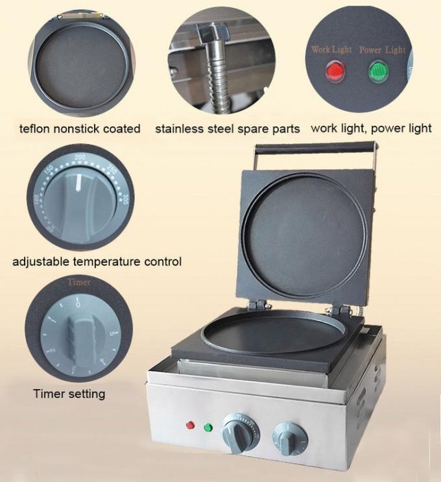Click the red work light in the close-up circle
pyautogui.click(x=335, y=71)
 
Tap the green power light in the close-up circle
pyautogui.click(x=379, y=71)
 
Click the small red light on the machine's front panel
pyautogui.click(x=190, y=426)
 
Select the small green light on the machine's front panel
pyautogui.click(x=208, y=428)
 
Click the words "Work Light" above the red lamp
pyautogui.click(x=331, y=49)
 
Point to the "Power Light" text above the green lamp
pyautogui.click(x=383, y=50)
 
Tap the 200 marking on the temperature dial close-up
pyautogui.click(x=80, y=157)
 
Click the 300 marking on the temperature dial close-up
pyautogui.click(x=125, y=199)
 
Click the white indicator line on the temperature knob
pyautogui.click(x=78, y=182)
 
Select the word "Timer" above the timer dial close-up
pyautogui.click(x=79, y=282)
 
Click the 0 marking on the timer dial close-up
pyautogui.click(x=78, y=304)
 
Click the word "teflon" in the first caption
pyautogui.click(x=35, y=128)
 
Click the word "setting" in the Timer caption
pyautogui.click(x=88, y=394)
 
